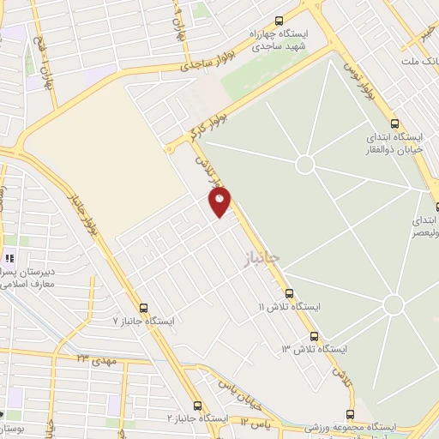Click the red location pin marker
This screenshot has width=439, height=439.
click(x=219, y=201)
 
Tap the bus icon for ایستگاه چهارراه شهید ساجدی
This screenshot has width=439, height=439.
click(x=279, y=22)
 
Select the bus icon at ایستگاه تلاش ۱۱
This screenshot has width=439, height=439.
click(x=289, y=293)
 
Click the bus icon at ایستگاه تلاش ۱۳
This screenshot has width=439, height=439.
click(x=315, y=336)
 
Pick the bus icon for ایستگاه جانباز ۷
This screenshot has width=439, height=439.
click(x=143, y=309)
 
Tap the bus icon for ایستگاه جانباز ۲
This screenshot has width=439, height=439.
click(x=198, y=406)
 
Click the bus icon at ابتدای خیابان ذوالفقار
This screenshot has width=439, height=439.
click(x=394, y=124)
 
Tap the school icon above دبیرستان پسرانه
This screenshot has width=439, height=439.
click(x=10, y=258)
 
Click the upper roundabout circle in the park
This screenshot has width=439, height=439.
click(x=304, y=164)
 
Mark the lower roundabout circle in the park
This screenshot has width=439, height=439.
click(x=394, y=304)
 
